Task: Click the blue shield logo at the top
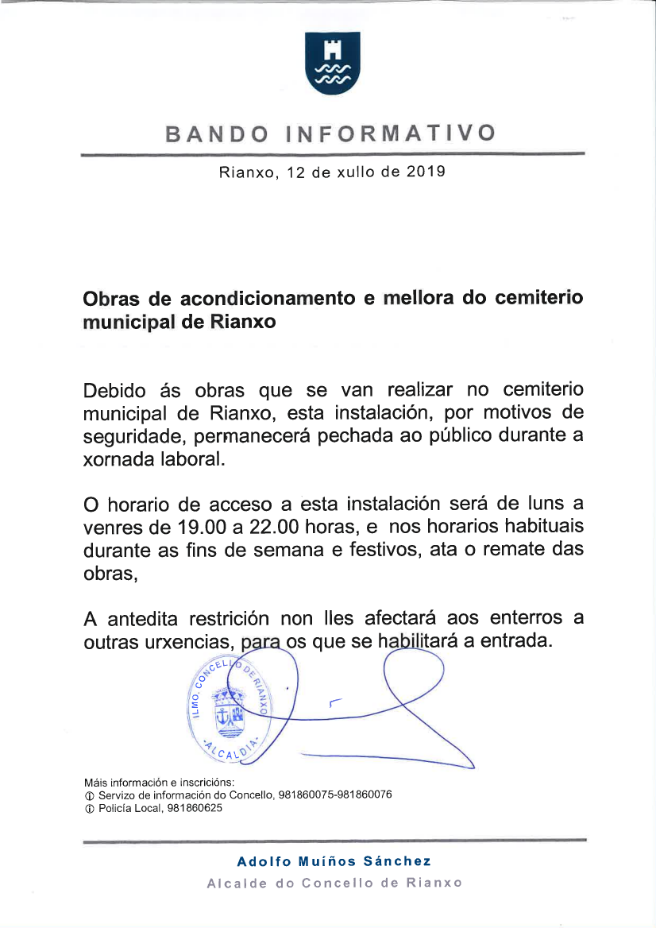(x=333, y=63)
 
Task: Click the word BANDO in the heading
(x=216, y=133)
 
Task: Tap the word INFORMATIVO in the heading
(x=390, y=133)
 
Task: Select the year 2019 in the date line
(x=426, y=172)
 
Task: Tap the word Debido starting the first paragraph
(x=114, y=390)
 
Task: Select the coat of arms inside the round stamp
(x=230, y=709)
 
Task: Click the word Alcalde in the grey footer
(x=236, y=883)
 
